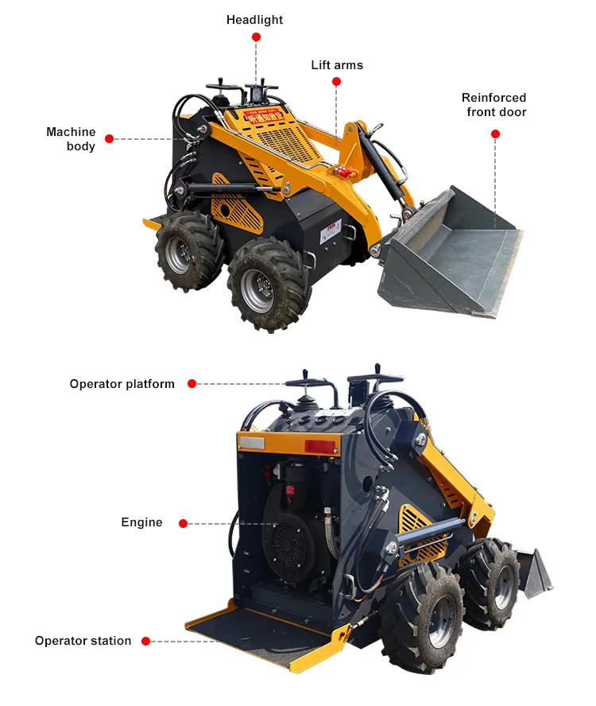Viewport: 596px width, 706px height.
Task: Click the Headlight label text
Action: pyautogui.click(x=254, y=20)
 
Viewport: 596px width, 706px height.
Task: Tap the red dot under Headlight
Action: pyautogui.click(x=256, y=37)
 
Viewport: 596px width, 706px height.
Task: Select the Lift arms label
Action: pyautogui.click(x=337, y=65)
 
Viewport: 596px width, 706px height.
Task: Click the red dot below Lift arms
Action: pyautogui.click(x=336, y=82)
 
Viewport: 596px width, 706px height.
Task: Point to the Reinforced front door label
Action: pyautogui.click(x=494, y=105)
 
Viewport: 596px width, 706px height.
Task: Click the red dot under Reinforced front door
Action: pyautogui.click(x=495, y=134)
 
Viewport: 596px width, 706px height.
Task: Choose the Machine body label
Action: pyautogui.click(x=71, y=139)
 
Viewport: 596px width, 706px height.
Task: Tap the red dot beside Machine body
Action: pyautogui.click(x=110, y=139)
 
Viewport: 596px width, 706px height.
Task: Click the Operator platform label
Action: pyautogui.click(x=122, y=384)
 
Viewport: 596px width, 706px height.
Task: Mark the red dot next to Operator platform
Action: pyautogui.click(x=192, y=384)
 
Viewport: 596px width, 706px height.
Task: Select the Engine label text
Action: pyautogui.click(x=141, y=522)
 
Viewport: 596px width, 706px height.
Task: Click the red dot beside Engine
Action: pyautogui.click(x=183, y=523)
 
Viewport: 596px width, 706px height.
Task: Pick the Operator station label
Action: pyautogui.click(x=83, y=641)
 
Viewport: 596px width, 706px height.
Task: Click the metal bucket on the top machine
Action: pyautogui.click(x=453, y=254)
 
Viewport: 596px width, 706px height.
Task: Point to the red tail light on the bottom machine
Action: pyautogui.click(x=321, y=447)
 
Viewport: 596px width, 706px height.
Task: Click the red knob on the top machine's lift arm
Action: pyautogui.click(x=343, y=172)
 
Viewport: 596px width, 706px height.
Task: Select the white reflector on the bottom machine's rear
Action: pyautogui.click(x=252, y=443)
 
